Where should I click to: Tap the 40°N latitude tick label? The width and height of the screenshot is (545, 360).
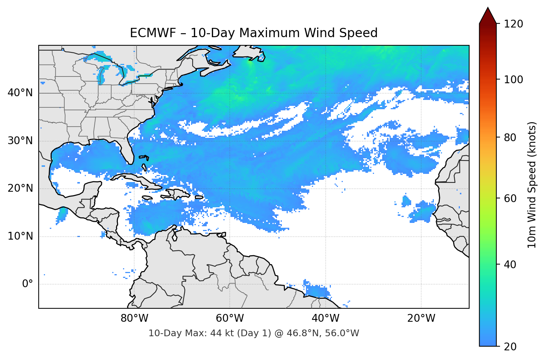(20, 93)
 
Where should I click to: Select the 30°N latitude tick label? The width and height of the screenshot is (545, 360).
(20, 141)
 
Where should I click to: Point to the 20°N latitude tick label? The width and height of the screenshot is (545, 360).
(20, 188)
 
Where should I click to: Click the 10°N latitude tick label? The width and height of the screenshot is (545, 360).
(20, 236)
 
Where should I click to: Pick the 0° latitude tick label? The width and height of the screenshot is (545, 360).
(28, 284)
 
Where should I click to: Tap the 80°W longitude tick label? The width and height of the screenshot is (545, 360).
(134, 318)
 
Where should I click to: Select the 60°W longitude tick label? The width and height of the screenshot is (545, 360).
(230, 318)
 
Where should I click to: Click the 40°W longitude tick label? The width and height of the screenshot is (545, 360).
(325, 318)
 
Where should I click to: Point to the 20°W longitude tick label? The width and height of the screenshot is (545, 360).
(421, 318)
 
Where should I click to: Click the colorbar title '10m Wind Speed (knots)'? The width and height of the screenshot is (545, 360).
(532, 185)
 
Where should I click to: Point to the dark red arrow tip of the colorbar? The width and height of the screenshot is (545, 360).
(487, 14)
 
